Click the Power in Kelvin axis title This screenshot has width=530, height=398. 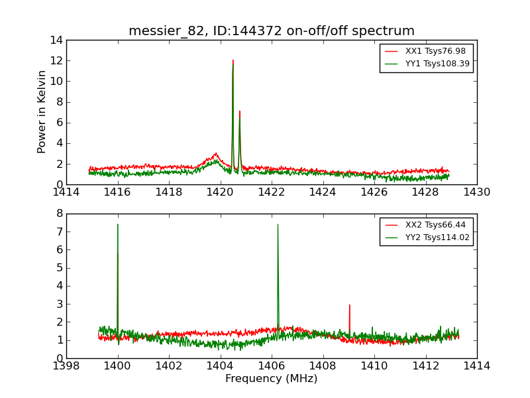(42, 111)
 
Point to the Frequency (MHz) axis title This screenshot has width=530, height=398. (271, 379)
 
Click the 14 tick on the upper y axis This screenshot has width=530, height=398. (56, 40)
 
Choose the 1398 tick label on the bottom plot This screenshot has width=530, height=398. (66, 366)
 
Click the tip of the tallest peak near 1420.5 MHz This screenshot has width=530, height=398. (233, 60)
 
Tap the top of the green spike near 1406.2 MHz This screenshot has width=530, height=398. (278, 224)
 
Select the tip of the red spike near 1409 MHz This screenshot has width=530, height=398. (349, 305)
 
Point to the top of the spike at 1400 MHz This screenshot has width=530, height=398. (117, 224)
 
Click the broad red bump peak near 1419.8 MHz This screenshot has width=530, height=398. (215, 154)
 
